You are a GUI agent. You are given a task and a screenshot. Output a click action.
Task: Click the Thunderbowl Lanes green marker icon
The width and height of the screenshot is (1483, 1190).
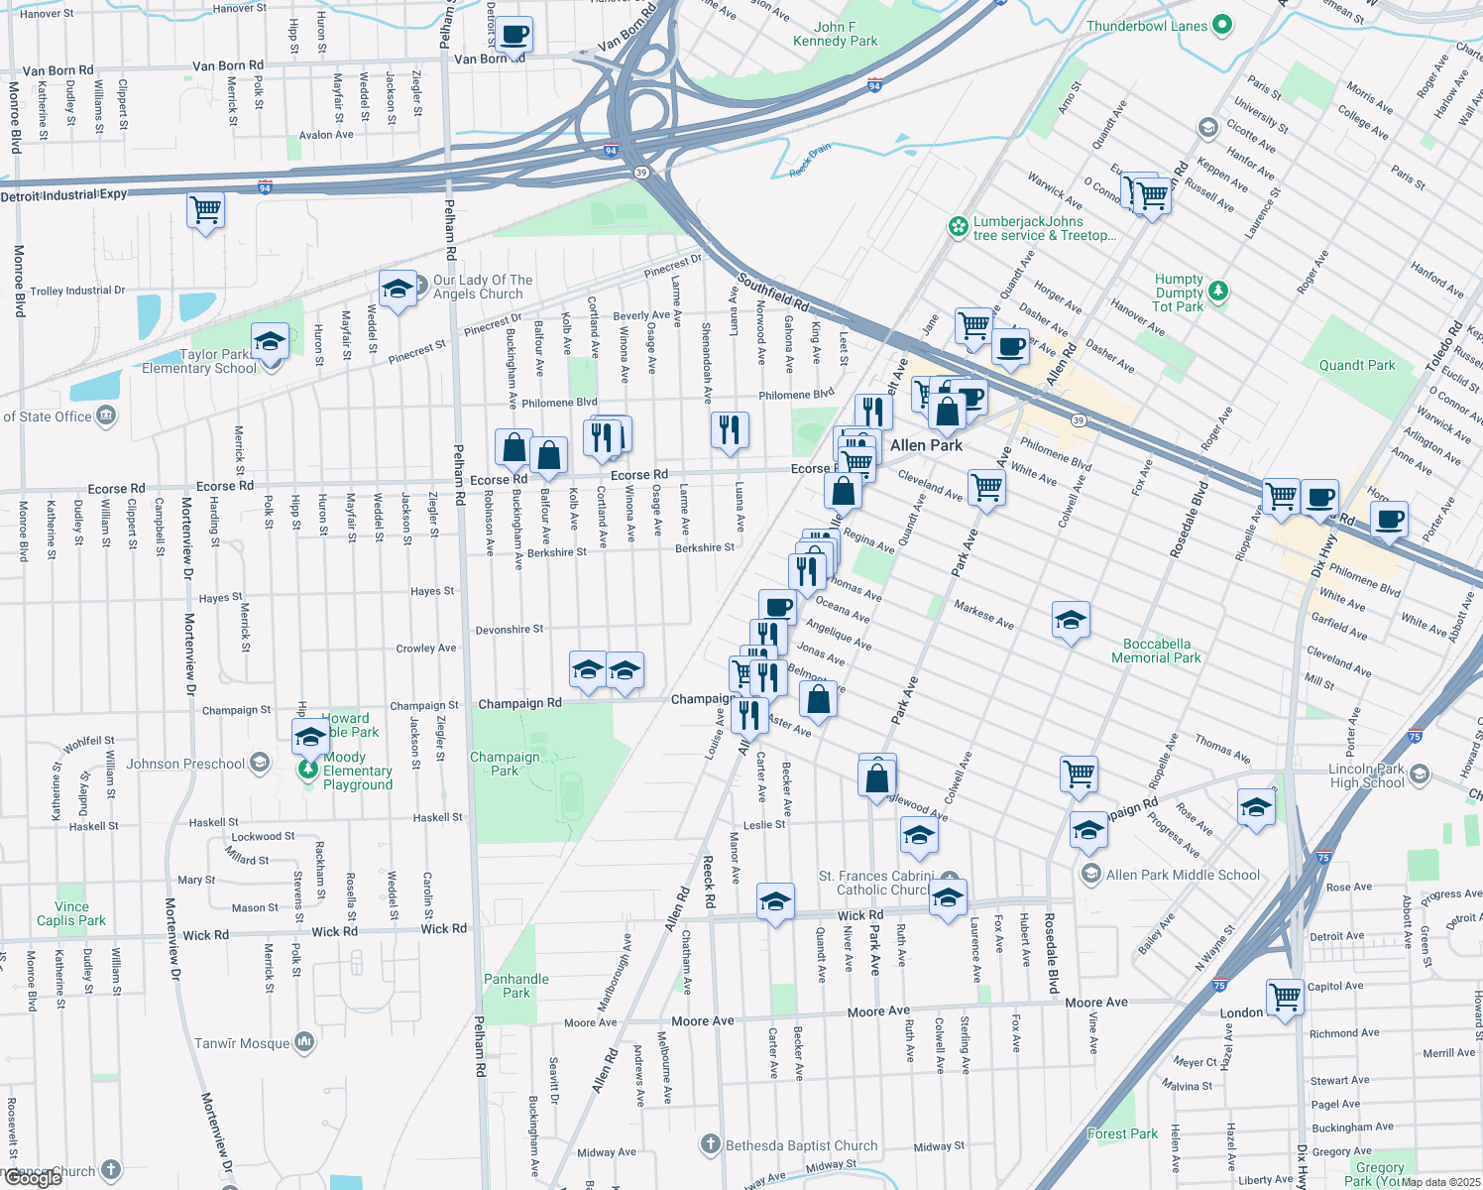pyautogui.click(x=1221, y=26)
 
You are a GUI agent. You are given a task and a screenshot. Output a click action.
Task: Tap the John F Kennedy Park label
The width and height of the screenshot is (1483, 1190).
pyautogui.click(x=835, y=35)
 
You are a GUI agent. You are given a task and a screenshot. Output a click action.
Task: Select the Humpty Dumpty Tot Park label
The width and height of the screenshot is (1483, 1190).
pyautogui.click(x=1179, y=293)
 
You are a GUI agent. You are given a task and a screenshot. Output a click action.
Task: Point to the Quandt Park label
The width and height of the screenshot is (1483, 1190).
pyautogui.click(x=1356, y=365)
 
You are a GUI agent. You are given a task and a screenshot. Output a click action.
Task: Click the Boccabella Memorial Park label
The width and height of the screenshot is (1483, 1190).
pyautogui.click(x=1156, y=651)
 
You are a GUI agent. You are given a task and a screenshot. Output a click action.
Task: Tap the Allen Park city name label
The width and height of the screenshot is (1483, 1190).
pyautogui.click(x=926, y=445)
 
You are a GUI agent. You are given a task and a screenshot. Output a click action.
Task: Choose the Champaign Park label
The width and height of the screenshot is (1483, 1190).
pyautogui.click(x=505, y=764)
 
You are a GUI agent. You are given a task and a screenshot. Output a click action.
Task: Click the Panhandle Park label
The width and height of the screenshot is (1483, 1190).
pyautogui.click(x=515, y=986)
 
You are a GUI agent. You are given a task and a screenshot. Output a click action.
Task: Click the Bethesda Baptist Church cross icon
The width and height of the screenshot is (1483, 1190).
pyautogui.click(x=710, y=1145)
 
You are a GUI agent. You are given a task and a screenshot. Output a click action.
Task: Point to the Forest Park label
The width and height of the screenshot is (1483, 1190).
pyautogui.click(x=1122, y=1133)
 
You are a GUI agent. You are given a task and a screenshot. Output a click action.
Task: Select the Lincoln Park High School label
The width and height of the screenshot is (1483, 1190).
pyautogui.click(x=1366, y=775)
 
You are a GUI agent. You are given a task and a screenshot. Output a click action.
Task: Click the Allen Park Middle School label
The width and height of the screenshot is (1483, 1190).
pyautogui.click(x=1183, y=875)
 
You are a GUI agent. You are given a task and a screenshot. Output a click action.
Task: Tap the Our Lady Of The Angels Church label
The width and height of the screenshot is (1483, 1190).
pyautogui.click(x=482, y=287)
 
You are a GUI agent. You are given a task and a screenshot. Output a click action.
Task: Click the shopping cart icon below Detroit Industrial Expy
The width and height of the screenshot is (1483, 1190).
pyautogui.click(x=205, y=210)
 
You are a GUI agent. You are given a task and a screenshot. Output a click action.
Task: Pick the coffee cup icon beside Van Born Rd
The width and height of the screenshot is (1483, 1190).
pyautogui.click(x=513, y=36)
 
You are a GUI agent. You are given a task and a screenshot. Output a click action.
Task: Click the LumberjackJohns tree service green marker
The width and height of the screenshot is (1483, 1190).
pyautogui.click(x=958, y=227)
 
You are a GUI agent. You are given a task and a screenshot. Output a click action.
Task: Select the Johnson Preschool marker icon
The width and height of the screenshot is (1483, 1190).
pyautogui.click(x=259, y=763)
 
